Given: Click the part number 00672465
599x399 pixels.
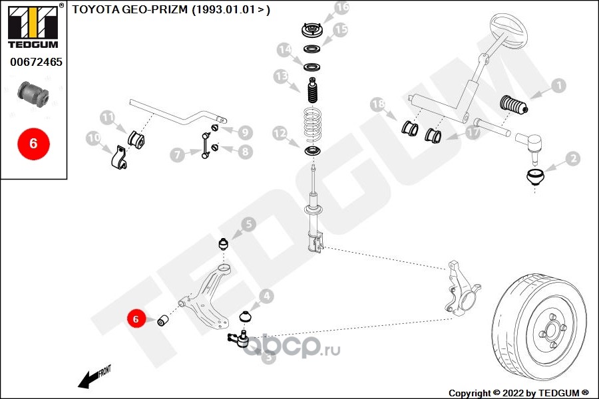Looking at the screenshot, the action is tap(35, 63).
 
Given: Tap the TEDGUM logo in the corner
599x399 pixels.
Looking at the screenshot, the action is tap(32, 26).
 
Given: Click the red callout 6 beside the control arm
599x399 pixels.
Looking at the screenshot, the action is tap(136, 319).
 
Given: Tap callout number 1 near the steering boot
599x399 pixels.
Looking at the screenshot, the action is tap(558, 86).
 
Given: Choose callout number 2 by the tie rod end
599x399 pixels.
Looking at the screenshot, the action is tap(572, 159).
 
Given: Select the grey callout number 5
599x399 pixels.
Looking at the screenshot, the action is tap(248, 225).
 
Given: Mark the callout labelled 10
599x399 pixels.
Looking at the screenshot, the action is tap(93, 139).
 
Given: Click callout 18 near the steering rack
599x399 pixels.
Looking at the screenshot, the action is tap(378, 104).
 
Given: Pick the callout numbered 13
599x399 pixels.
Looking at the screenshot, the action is tap(281, 78).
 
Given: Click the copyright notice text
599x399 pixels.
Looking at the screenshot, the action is tap(518, 392).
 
